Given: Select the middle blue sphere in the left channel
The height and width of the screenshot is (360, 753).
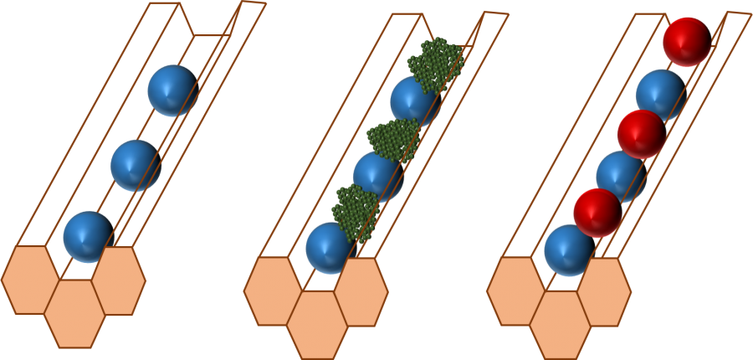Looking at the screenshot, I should click(x=136, y=165).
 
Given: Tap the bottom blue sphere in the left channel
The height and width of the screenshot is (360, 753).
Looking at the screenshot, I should click(x=88, y=236).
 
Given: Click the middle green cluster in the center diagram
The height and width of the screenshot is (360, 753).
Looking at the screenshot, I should click(x=393, y=138).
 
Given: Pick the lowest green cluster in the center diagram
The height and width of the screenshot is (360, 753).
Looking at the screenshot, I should click(x=356, y=210).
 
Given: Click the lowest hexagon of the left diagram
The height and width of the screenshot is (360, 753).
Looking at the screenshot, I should click(x=75, y=313).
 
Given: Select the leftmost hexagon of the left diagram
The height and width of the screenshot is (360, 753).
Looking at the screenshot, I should click(x=31, y=280).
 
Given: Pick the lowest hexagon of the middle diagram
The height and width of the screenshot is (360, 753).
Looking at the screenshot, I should click(x=318, y=324).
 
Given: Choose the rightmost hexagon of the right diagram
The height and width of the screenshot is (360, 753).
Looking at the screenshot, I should click(x=604, y=291).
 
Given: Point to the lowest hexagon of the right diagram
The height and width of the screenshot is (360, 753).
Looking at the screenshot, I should click(x=561, y=324).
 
